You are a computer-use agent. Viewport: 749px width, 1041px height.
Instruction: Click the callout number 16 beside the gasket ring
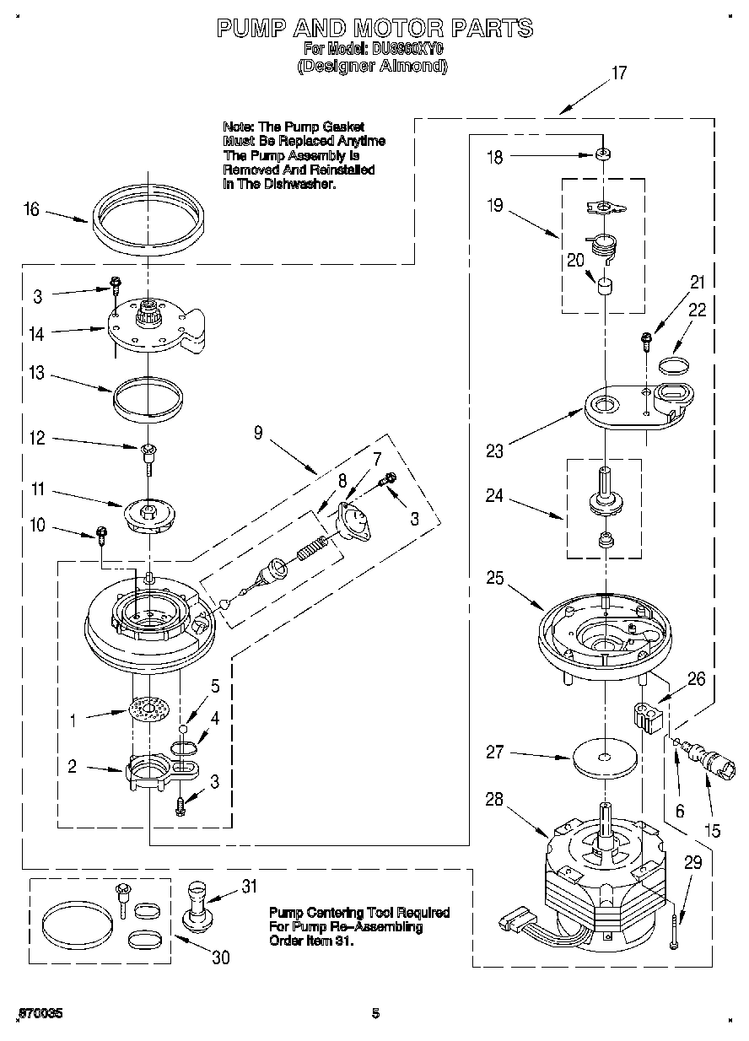[31, 209]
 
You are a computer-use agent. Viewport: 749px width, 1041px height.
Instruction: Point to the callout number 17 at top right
[619, 73]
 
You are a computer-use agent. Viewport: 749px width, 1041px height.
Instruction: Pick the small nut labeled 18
[604, 155]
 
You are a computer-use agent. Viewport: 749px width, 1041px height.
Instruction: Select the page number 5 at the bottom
[375, 1013]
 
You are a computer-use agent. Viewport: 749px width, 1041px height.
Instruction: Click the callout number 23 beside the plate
[494, 451]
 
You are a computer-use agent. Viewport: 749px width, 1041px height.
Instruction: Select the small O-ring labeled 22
[672, 364]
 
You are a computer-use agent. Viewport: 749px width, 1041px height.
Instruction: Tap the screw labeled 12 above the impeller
[148, 455]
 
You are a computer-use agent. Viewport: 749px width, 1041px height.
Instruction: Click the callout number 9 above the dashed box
[258, 433]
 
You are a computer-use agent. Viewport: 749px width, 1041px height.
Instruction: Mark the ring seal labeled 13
[148, 395]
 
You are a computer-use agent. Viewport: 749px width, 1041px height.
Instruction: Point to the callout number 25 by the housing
[494, 578]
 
